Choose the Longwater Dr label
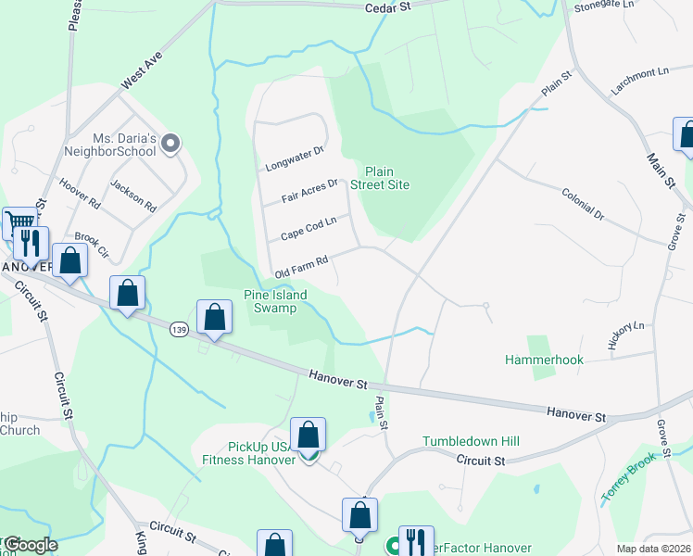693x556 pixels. pyautogui.click(x=294, y=159)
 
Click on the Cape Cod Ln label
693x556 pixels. pyautogui.click(x=308, y=228)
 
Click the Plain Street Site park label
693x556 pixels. pyautogui.click(x=386, y=178)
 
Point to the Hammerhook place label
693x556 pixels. pyautogui.click(x=542, y=359)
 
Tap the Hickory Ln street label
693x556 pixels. pyautogui.click(x=625, y=335)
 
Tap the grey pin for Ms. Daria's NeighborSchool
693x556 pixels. pyautogui.click(x=170, y=144)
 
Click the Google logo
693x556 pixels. pyautogui.click(x=30, y=545)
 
